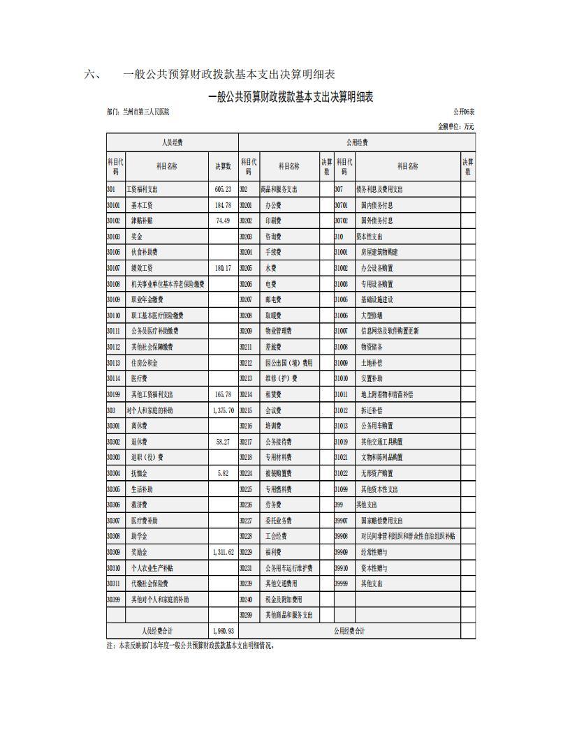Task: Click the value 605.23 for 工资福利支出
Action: pos(223,189)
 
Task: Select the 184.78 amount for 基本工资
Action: pos(223,205)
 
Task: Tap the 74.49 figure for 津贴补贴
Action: pos(223,221)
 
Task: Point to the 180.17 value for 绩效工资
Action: pos(223,268)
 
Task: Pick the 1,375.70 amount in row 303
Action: pos(223,410)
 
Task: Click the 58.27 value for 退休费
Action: pos(223,442)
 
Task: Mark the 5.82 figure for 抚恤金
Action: pos(223,473)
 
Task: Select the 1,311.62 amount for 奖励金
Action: pos(223,552)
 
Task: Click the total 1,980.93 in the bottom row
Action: pos(223,631)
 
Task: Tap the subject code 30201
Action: pos(246,205)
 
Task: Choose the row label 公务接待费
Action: pos(278,442)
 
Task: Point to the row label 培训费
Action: pos(273,426)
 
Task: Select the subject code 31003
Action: pos(341,284)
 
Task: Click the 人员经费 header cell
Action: pos(172,142)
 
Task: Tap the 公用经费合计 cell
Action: pos(349,631)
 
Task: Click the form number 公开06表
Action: pos(463,112)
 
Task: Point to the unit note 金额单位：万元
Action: pos(455,126)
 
